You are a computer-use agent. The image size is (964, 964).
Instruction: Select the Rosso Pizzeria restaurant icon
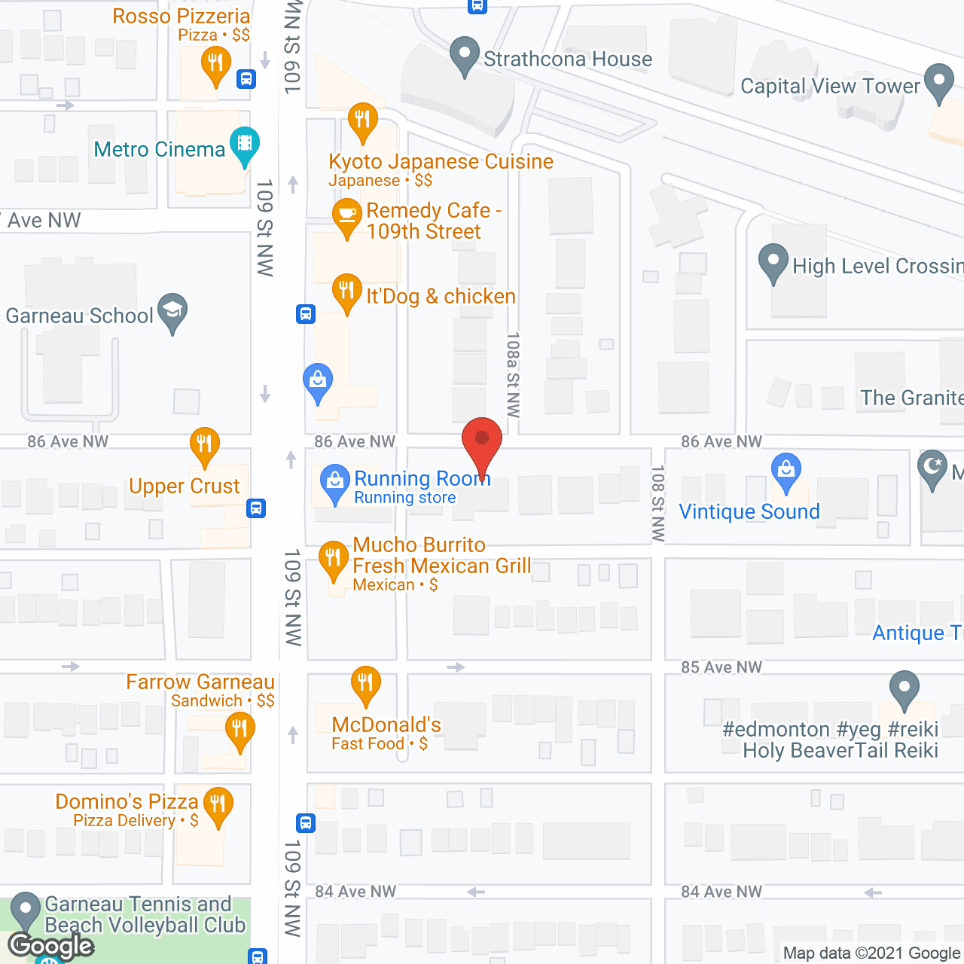tap(216, 63)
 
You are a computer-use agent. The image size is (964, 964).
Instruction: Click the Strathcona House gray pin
tap(464, 55)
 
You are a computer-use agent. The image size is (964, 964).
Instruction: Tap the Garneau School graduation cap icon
tap(172, 310)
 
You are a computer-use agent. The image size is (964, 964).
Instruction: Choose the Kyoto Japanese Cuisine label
tap(441, 162)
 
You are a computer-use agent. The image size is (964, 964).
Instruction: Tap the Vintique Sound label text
tap(749, 512)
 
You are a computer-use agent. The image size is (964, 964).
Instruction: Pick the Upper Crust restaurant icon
tap(204, 445)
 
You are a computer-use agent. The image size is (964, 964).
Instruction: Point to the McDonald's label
tap(386, 725)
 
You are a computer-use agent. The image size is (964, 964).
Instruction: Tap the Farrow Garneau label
tap(200, 682)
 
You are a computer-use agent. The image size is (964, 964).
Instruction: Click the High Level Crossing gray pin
tap(773, 262)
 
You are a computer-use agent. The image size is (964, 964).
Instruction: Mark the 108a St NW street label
tap(514, 374)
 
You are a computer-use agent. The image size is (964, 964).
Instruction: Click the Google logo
tap(51, 946)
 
